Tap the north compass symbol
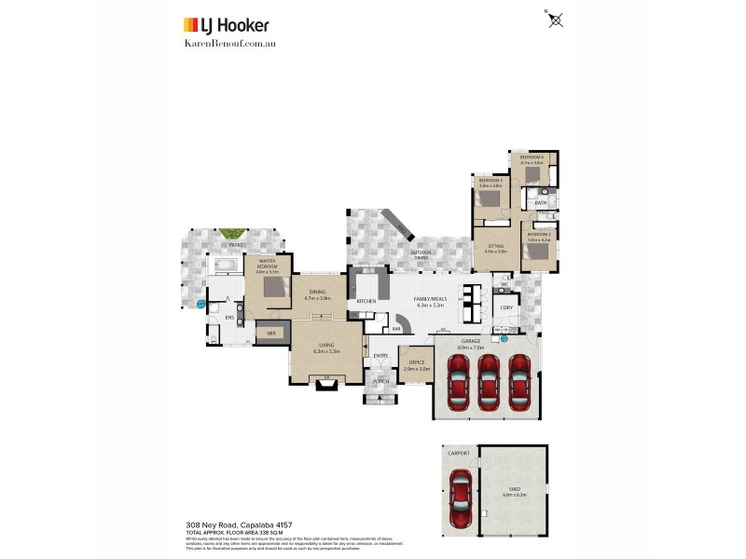click(557, 19)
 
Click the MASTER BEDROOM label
click(267, 264)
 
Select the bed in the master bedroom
click(274, 287)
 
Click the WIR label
click(271, 333)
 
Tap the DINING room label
click(318, 292)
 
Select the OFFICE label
click(417, 362)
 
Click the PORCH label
click(380, 381)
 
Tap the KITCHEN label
click(366, 302)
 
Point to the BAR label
click(395, 328)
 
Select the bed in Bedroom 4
click(532, 173)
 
